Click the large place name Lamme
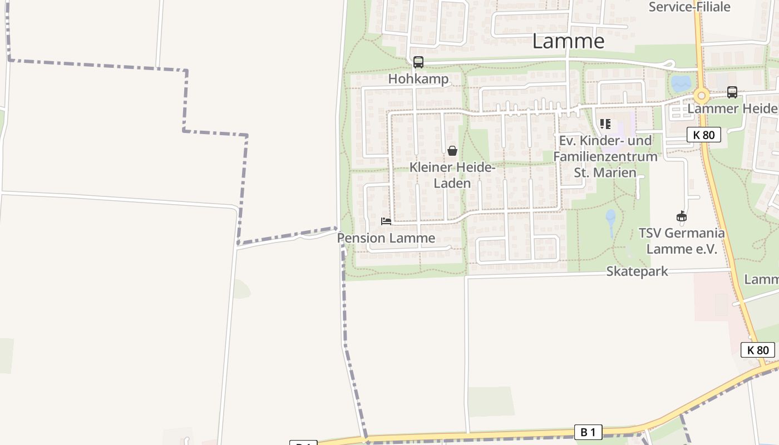[x=568, y=41]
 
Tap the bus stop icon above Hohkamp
[x=418, y=62]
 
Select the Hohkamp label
[x=418, y=79]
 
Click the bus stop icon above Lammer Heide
[x=732, y=92]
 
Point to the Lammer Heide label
[x=732, y=108]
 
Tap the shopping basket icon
[x=452, y=151]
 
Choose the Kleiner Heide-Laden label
[x=452, y=175]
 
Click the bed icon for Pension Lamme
[x=386, y=221]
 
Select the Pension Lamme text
[x=386, y=238]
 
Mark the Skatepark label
[x=637, y=271]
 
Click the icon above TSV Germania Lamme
[x=681, y=216]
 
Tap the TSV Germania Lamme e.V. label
[x=682, y=241]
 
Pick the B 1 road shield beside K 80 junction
[x=588, y=432]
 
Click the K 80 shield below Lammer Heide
[x=703, y=135]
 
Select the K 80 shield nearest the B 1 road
[x=758, y=350]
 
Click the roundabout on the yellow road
[x=702, y=96]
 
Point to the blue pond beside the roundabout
[x=681, y=83]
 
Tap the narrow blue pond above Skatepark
[x=610, y=221]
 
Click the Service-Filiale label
[x=689, y=7]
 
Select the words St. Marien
[x=605, y=172]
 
